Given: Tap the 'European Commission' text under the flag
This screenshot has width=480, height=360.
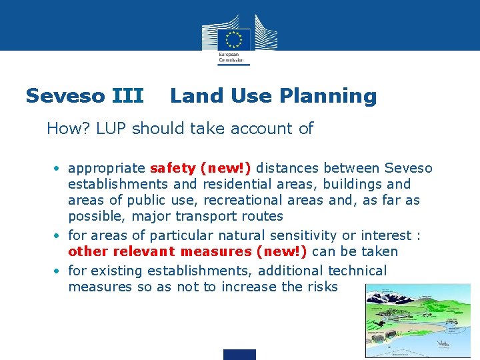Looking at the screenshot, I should tap(231, 57).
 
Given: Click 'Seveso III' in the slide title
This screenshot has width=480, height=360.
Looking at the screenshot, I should tap(84, 96).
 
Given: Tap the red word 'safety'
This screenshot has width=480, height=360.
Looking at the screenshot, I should tap(173, 168).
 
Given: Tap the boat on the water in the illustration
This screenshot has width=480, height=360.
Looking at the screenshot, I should tap(443, 343).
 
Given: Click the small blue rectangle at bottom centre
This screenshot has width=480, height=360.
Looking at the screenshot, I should tap(239, 354).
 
